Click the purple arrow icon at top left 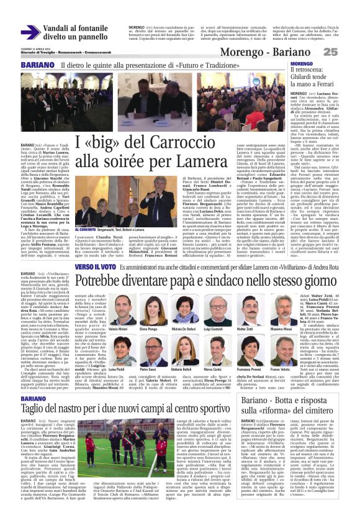coord(30,32)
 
